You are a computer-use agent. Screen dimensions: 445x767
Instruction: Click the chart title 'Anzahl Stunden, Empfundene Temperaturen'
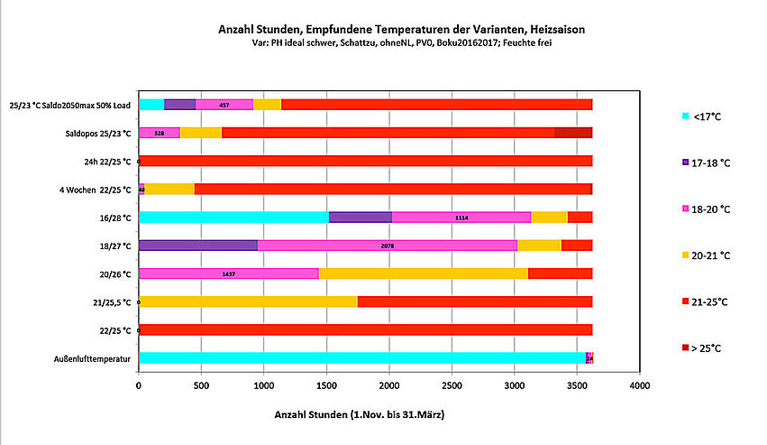coord(402,29)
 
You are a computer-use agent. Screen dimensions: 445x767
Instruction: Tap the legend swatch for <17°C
coord(685,115)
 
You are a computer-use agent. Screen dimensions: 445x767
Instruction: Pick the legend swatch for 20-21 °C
coord(685,255)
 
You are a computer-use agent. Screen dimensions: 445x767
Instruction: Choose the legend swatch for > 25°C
coord(685,347)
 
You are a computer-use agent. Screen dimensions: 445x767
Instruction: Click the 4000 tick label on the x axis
coord(639,385)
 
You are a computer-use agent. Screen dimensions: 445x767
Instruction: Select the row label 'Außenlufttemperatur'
coord(94,358)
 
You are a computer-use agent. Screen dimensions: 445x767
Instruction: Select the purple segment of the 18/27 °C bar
coord(197,245)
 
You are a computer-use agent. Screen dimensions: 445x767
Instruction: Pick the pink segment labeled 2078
coord(388,245)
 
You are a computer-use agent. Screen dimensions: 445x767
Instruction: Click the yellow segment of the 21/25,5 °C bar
coord(248,301)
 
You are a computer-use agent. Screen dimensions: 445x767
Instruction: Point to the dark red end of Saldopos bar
coord(573,133)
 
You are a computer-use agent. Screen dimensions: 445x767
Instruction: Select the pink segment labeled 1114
coord(461,217)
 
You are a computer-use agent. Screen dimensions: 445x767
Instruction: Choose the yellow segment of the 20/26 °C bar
coord(423,273)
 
